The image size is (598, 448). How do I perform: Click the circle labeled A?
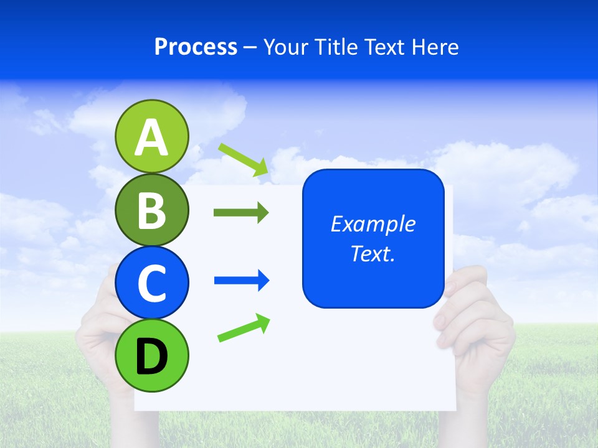[151, 136]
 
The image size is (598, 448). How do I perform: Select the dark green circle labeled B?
[151, 210]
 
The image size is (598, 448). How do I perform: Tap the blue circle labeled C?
[151, 282]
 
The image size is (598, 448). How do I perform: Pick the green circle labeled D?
[151, 355]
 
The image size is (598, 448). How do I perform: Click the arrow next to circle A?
[244, 159]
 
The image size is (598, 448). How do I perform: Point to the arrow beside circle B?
[241, 213]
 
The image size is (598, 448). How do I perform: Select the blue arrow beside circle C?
[242, 281]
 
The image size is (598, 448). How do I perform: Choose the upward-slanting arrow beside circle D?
[244, 327]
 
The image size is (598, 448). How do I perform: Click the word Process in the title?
[196, 47]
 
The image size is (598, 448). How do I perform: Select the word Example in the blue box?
[373, 224]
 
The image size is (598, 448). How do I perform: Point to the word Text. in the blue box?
[373, 253]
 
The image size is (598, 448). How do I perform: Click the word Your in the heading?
[285, 47]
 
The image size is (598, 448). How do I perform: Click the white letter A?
[151, 138]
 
